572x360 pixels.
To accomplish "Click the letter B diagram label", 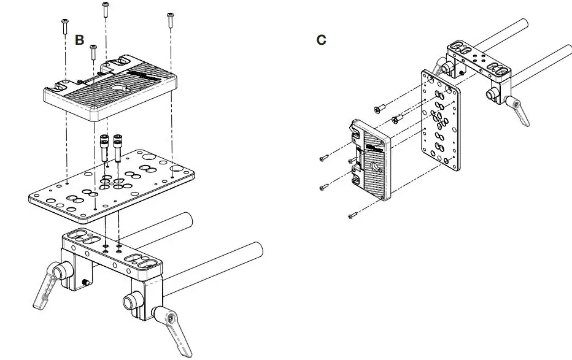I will coord(79,40).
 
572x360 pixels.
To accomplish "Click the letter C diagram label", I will coord(321,40).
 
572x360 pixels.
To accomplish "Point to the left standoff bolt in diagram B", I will coord(106,147).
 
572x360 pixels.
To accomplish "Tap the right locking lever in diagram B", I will coord(175,328).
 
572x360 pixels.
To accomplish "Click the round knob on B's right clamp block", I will coord(130,302).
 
